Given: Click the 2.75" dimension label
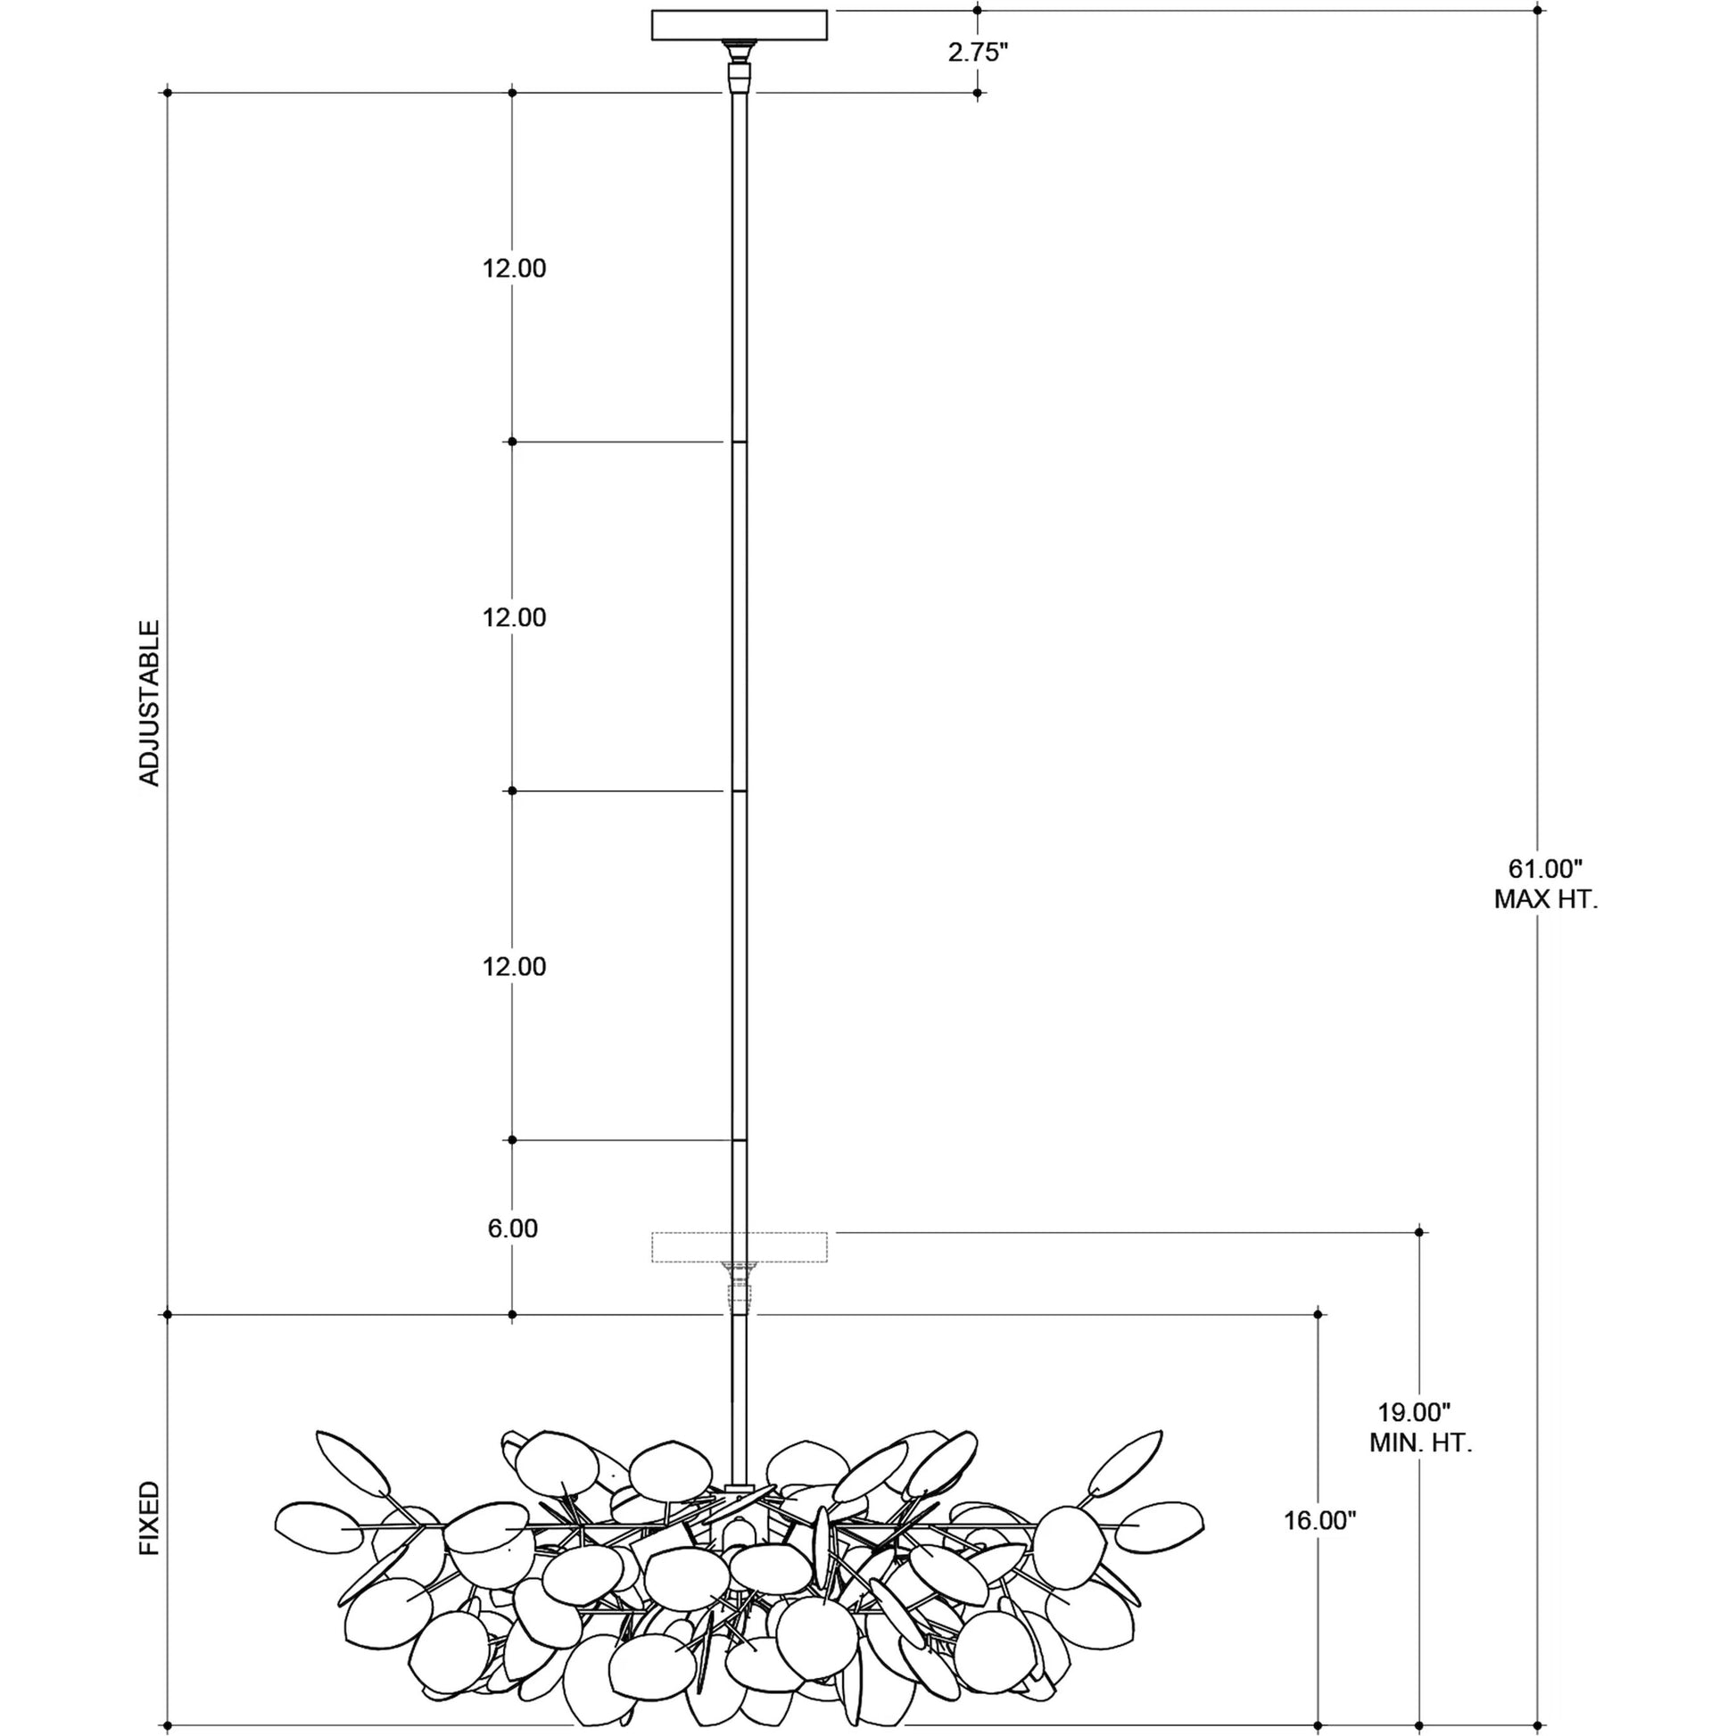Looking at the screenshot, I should click(x=978, y=52).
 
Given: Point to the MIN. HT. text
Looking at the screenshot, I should click(x=1419, y=1443).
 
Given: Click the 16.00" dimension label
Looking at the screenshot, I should click(x=1319, y=1520).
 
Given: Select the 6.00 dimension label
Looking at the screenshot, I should click(x=512, y=1228).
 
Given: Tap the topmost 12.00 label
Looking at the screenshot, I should click(x=514, y=269).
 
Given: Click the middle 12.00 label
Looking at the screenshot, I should click(x=514, y=617).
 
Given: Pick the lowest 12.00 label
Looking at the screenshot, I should click(x=514, y=967).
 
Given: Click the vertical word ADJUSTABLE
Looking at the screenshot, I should click(x=149, y=703).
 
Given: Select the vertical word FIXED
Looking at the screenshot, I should click(x=149, y=1518).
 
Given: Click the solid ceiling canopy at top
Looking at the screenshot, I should click(x=739, y=26).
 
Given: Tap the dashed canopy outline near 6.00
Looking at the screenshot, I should click(x=739, y=1247).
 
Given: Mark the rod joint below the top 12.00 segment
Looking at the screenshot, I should click(x=740, y=442).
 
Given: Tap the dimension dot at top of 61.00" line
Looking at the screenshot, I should click(x=1537, y=11).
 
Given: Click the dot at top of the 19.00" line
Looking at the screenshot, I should click(x=1419, y=1232).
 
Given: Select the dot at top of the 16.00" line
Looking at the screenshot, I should click(x=1319, y=1315).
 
